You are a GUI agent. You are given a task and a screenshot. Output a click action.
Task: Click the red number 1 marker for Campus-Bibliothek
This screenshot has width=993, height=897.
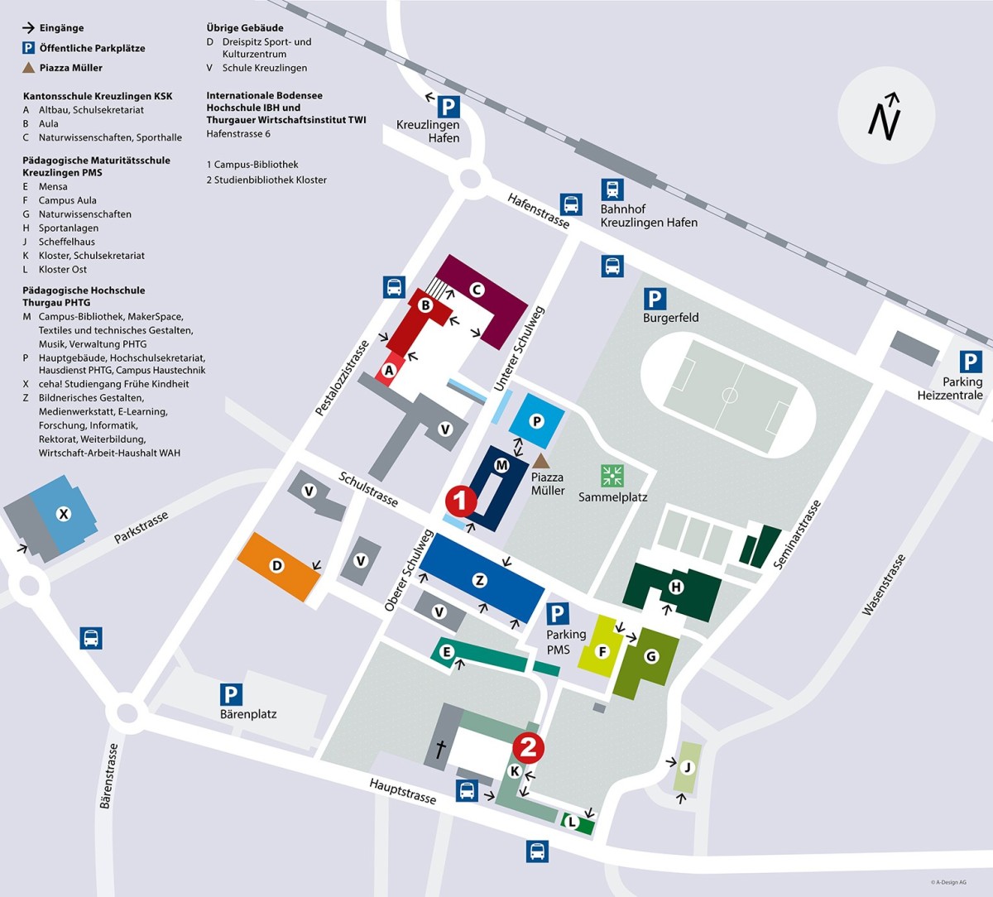tap(461, 501)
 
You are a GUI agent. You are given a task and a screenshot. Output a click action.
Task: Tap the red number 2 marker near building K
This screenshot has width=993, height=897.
tap(528, 747)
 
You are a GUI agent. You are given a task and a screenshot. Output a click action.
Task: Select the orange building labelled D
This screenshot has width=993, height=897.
tap(277, 566)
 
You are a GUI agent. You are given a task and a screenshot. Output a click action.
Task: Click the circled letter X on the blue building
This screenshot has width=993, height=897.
tap(63, 514)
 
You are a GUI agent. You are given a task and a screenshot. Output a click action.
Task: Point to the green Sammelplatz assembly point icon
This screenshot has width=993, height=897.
tap(612, 476)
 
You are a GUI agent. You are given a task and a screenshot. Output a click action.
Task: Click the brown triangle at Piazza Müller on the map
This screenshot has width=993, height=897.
tap(540, 460)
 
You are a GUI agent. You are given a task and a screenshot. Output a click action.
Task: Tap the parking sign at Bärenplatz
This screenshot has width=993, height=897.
tap(231, 695)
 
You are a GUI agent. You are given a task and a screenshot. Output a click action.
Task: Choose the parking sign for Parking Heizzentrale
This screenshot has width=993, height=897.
tap(971, 362)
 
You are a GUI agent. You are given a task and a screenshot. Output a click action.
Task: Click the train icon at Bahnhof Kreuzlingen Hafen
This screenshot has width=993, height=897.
tap(612, 189)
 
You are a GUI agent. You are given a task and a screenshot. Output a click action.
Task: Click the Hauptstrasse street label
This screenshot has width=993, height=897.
tap(402, 791)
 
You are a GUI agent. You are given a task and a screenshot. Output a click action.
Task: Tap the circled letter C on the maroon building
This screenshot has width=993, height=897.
tap(476, 290)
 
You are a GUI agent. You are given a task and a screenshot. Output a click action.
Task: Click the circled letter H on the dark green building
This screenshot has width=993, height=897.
tap(676, 588)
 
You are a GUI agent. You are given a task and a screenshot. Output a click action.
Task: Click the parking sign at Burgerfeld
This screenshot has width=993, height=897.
tap(655, 299)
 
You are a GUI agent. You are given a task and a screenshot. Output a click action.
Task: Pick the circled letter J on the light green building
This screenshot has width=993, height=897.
tap(686, 767)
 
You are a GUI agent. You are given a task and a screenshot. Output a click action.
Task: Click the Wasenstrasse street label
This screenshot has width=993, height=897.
tap(884, 584)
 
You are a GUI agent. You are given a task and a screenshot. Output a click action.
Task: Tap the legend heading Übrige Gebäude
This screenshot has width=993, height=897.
tap(245, 27)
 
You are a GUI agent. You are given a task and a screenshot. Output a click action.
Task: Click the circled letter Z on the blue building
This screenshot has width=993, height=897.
tap(479, 580)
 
